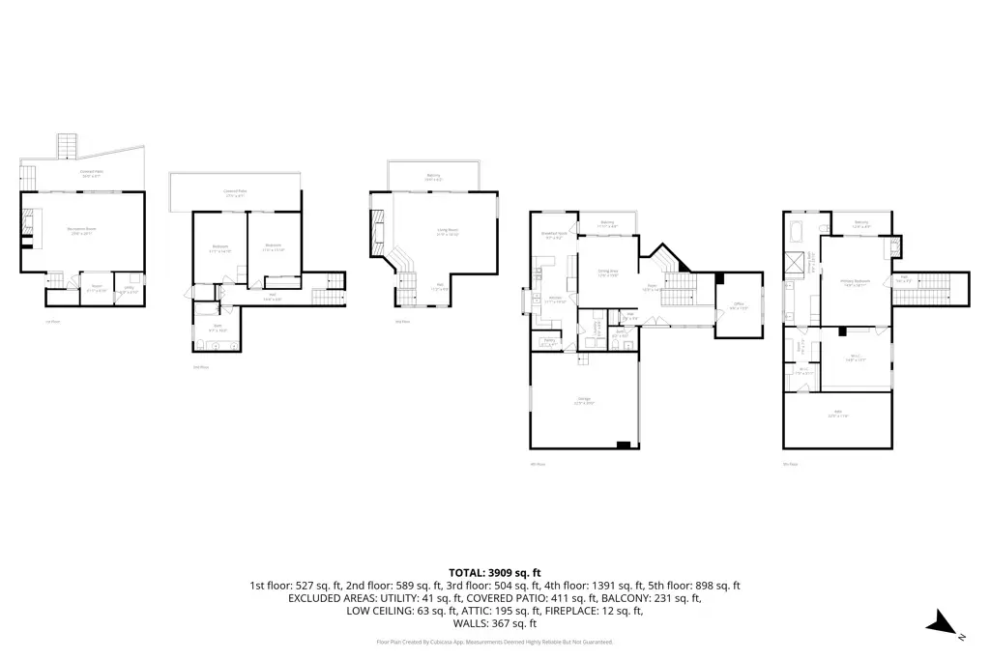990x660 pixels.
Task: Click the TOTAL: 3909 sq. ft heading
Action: pos(494,573)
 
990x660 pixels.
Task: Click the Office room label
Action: pos(738,304)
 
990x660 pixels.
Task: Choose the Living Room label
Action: pos(447,230)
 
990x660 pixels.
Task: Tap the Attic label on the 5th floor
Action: pos(837,413)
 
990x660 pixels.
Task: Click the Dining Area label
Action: pos(606,273)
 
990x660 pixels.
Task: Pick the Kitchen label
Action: pos(555,299)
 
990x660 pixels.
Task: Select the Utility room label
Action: pos(129,287)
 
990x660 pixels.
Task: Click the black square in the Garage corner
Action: pos(625,445)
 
